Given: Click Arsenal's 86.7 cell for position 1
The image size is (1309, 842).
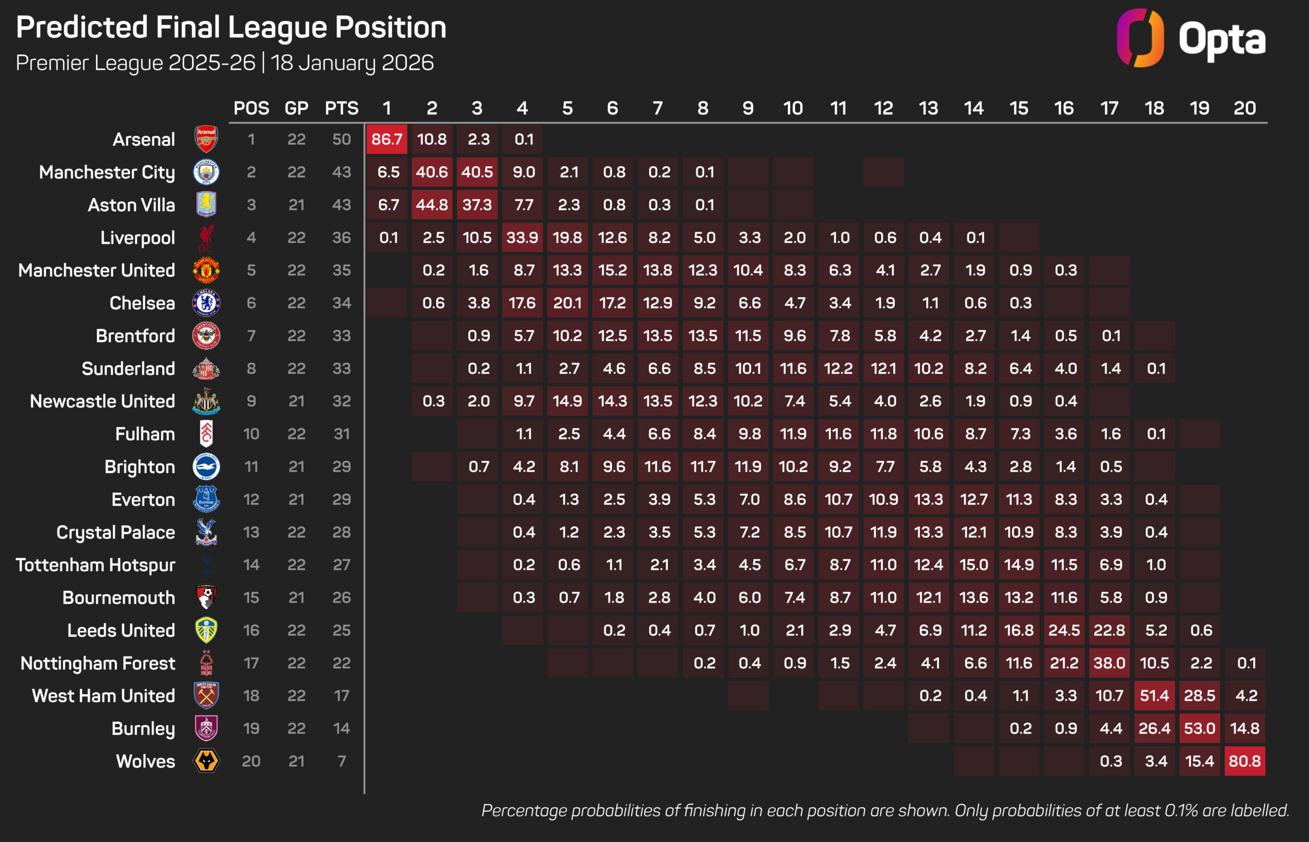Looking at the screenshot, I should pyautogui.click(x=387, y=140).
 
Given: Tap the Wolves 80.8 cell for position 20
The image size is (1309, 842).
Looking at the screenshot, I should pyautogui.click(x=1245, y=761).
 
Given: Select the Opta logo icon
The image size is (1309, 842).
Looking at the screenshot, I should pyautogui.click(x=1140, y=38).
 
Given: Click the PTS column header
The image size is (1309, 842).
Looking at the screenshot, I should pyautogui.click(x=342, y=108).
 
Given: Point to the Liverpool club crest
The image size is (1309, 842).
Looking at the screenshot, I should pyautogui.click(x=206, y=238).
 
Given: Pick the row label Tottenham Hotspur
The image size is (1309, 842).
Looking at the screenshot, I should pyautogui.click(x=96, y=565).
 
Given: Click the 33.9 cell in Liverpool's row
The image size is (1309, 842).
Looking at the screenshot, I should pyautogui.click(x=522, y=238).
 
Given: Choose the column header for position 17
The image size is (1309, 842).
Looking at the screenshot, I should pyautogui.click(x=1109, y=108).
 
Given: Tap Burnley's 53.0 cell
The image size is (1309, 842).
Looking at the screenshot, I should pyautogui.click(x=1199, y=728).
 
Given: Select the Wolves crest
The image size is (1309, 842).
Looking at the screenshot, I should pyautogui.click(x=206, y=761).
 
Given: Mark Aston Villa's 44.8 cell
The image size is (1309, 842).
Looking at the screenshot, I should pyautogui.click(x=432, y=205).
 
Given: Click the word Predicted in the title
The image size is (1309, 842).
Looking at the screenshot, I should pyautogui.click(x=82, y=27).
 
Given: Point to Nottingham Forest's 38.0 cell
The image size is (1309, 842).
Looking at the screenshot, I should pyautogui.click(x=1109, y=663).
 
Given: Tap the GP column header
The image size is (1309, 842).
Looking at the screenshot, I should pyautogui.click(x=296, y=108).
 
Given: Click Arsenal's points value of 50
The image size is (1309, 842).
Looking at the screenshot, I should pyautogui.click(x=342, y=140).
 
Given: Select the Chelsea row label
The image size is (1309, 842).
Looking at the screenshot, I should pyautogui.click(x=142, y=303).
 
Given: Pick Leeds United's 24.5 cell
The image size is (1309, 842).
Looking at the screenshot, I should pyautogui.click(x=1064, y=630).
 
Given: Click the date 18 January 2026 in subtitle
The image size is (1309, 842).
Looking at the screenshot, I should pyautogui.click(x=352, y=63).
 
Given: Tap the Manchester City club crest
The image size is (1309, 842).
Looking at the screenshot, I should pyautogui.click(x=206, y=172).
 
